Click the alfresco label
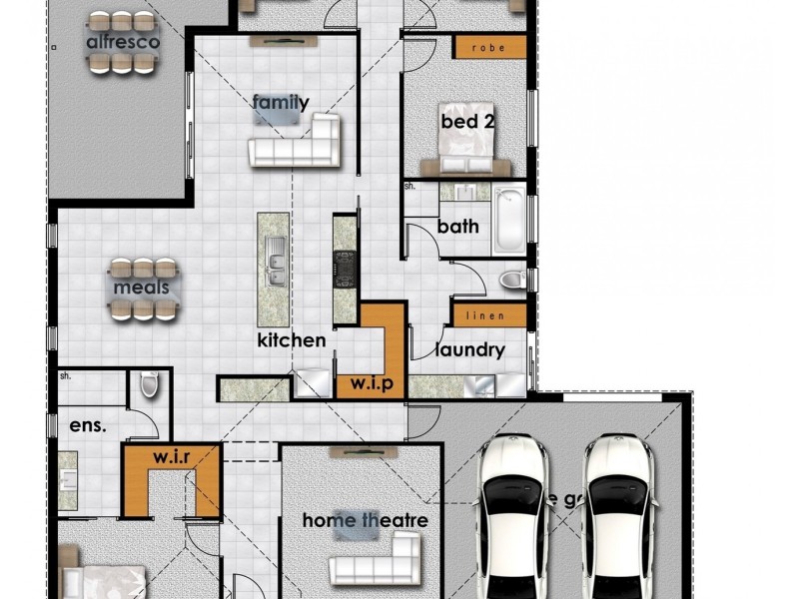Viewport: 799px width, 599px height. point(120,43)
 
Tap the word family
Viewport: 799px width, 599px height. point(281,102)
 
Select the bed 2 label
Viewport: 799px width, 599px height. point(468,122)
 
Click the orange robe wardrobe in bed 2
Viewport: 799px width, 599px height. point(489,47)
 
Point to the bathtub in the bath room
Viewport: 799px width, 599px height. point(508,218)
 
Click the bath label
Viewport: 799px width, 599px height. point(458,227)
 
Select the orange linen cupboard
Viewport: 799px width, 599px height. point(489,315)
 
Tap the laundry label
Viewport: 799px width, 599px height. point(469,350)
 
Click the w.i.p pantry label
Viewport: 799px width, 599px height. point(371,383)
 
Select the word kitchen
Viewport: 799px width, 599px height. point(292,340)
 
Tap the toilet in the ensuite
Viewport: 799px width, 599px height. point(150,382)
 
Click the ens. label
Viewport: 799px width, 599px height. point(87,425)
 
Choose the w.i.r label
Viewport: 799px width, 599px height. point(171,457)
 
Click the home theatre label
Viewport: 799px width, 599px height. point(365,520)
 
